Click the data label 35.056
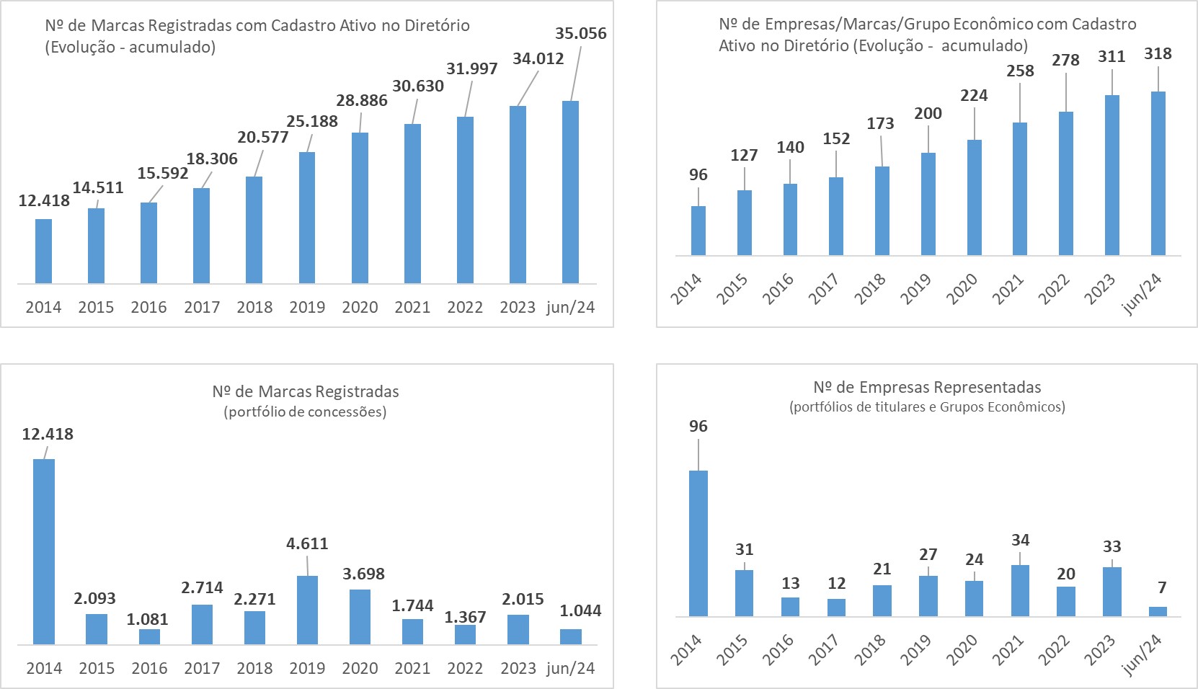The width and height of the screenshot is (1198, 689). point(580,33)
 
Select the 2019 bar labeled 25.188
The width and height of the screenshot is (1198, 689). point(307,217)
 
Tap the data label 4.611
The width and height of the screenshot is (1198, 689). point(307,543)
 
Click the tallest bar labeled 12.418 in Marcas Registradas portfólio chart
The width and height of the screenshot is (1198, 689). point(44,551)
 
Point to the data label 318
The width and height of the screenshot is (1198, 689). point(1158,53)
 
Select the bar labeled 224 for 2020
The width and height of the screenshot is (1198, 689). point(974,197)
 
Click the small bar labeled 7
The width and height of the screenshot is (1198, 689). point(1158,611)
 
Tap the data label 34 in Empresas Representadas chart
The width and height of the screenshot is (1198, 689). point(1020,540)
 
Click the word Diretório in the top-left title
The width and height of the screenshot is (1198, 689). point(431,25)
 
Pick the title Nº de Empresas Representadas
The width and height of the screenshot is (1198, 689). point(927,387)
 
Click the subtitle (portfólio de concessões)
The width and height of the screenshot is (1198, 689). point(306,412)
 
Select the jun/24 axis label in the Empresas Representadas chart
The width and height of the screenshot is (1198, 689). point(1145,654)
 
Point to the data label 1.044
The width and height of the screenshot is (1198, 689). point(580,610)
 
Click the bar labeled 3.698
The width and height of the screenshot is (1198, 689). point(360,616)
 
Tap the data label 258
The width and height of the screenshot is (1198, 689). point(1020,71)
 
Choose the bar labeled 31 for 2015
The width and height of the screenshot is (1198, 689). point(744,593)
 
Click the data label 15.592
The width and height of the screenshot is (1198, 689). point(163,173)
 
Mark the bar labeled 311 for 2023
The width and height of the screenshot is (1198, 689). point(1112,175)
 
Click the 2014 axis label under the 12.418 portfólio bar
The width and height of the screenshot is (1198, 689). point(44,668)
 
